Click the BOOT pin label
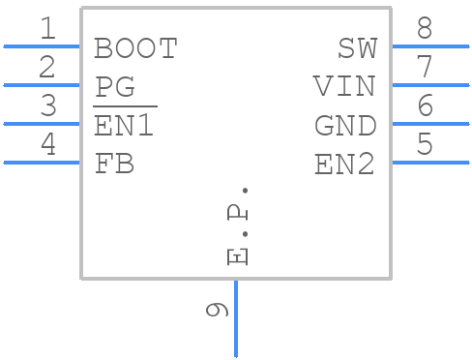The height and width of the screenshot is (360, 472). click(135, 48)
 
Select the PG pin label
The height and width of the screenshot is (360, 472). click(115, 87)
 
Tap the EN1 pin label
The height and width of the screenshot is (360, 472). click(124, 126)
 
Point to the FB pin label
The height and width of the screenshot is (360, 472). click(114, 165)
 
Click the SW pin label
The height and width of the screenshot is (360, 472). click(357, 48)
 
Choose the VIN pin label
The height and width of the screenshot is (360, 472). click(344, 87)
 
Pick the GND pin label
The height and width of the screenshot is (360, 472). click(345, 126)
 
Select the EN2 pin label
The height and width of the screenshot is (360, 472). click(345, 165)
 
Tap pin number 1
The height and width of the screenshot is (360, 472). click(46, 29)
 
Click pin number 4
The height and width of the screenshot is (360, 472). click(46, 145)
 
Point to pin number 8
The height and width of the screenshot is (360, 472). click(425, 29)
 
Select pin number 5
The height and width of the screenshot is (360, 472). click(425, 145)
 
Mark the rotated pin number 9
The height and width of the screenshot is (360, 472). click(218, 310)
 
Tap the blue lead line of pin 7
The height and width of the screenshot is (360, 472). click(430, 85)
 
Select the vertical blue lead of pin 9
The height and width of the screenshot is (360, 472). click(236, 319)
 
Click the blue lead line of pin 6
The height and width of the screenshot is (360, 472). click(430, 124)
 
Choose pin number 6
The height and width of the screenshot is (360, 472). click(425, 106)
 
